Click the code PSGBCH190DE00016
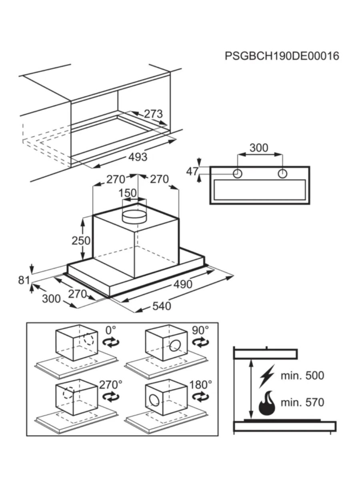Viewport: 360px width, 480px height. click(282, 56)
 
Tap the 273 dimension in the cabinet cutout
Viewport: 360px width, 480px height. click(153, 114)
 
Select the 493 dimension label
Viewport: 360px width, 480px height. click(138, 157)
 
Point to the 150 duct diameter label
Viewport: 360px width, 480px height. click(128, 193)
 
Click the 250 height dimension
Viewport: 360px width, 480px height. click(81, 240)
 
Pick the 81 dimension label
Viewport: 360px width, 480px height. click(24, 280)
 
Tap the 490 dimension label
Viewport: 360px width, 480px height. click(182, 284)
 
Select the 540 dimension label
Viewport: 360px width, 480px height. click(161, 306)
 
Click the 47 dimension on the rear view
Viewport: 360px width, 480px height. click(192, 171)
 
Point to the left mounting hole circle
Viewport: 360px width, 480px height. click(238, 174)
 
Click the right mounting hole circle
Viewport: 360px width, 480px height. click(282, 174)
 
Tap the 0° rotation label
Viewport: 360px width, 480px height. click(110, 330)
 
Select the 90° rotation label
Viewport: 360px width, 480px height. click(200, 330)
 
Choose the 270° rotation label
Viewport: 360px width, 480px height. click(110, 385)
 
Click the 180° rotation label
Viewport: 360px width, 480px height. click(200, 385)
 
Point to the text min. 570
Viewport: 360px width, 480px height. click(302, 402)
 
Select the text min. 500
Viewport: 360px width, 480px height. click(302, 376)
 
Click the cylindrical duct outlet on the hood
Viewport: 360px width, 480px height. click(134, 216)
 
